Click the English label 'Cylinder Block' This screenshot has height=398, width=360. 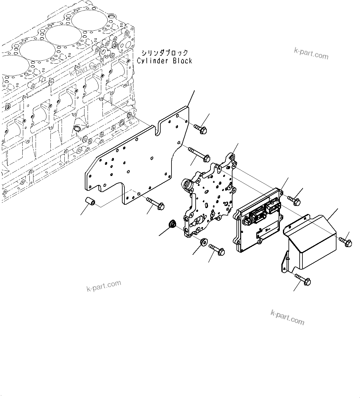164,61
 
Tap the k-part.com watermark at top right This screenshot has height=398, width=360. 311,54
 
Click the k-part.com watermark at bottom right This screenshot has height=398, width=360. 287,317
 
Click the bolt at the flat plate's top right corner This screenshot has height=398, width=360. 201,129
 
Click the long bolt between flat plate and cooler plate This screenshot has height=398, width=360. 198,155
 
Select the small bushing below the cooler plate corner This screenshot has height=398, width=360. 204,242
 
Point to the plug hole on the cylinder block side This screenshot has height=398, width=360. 77,128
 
